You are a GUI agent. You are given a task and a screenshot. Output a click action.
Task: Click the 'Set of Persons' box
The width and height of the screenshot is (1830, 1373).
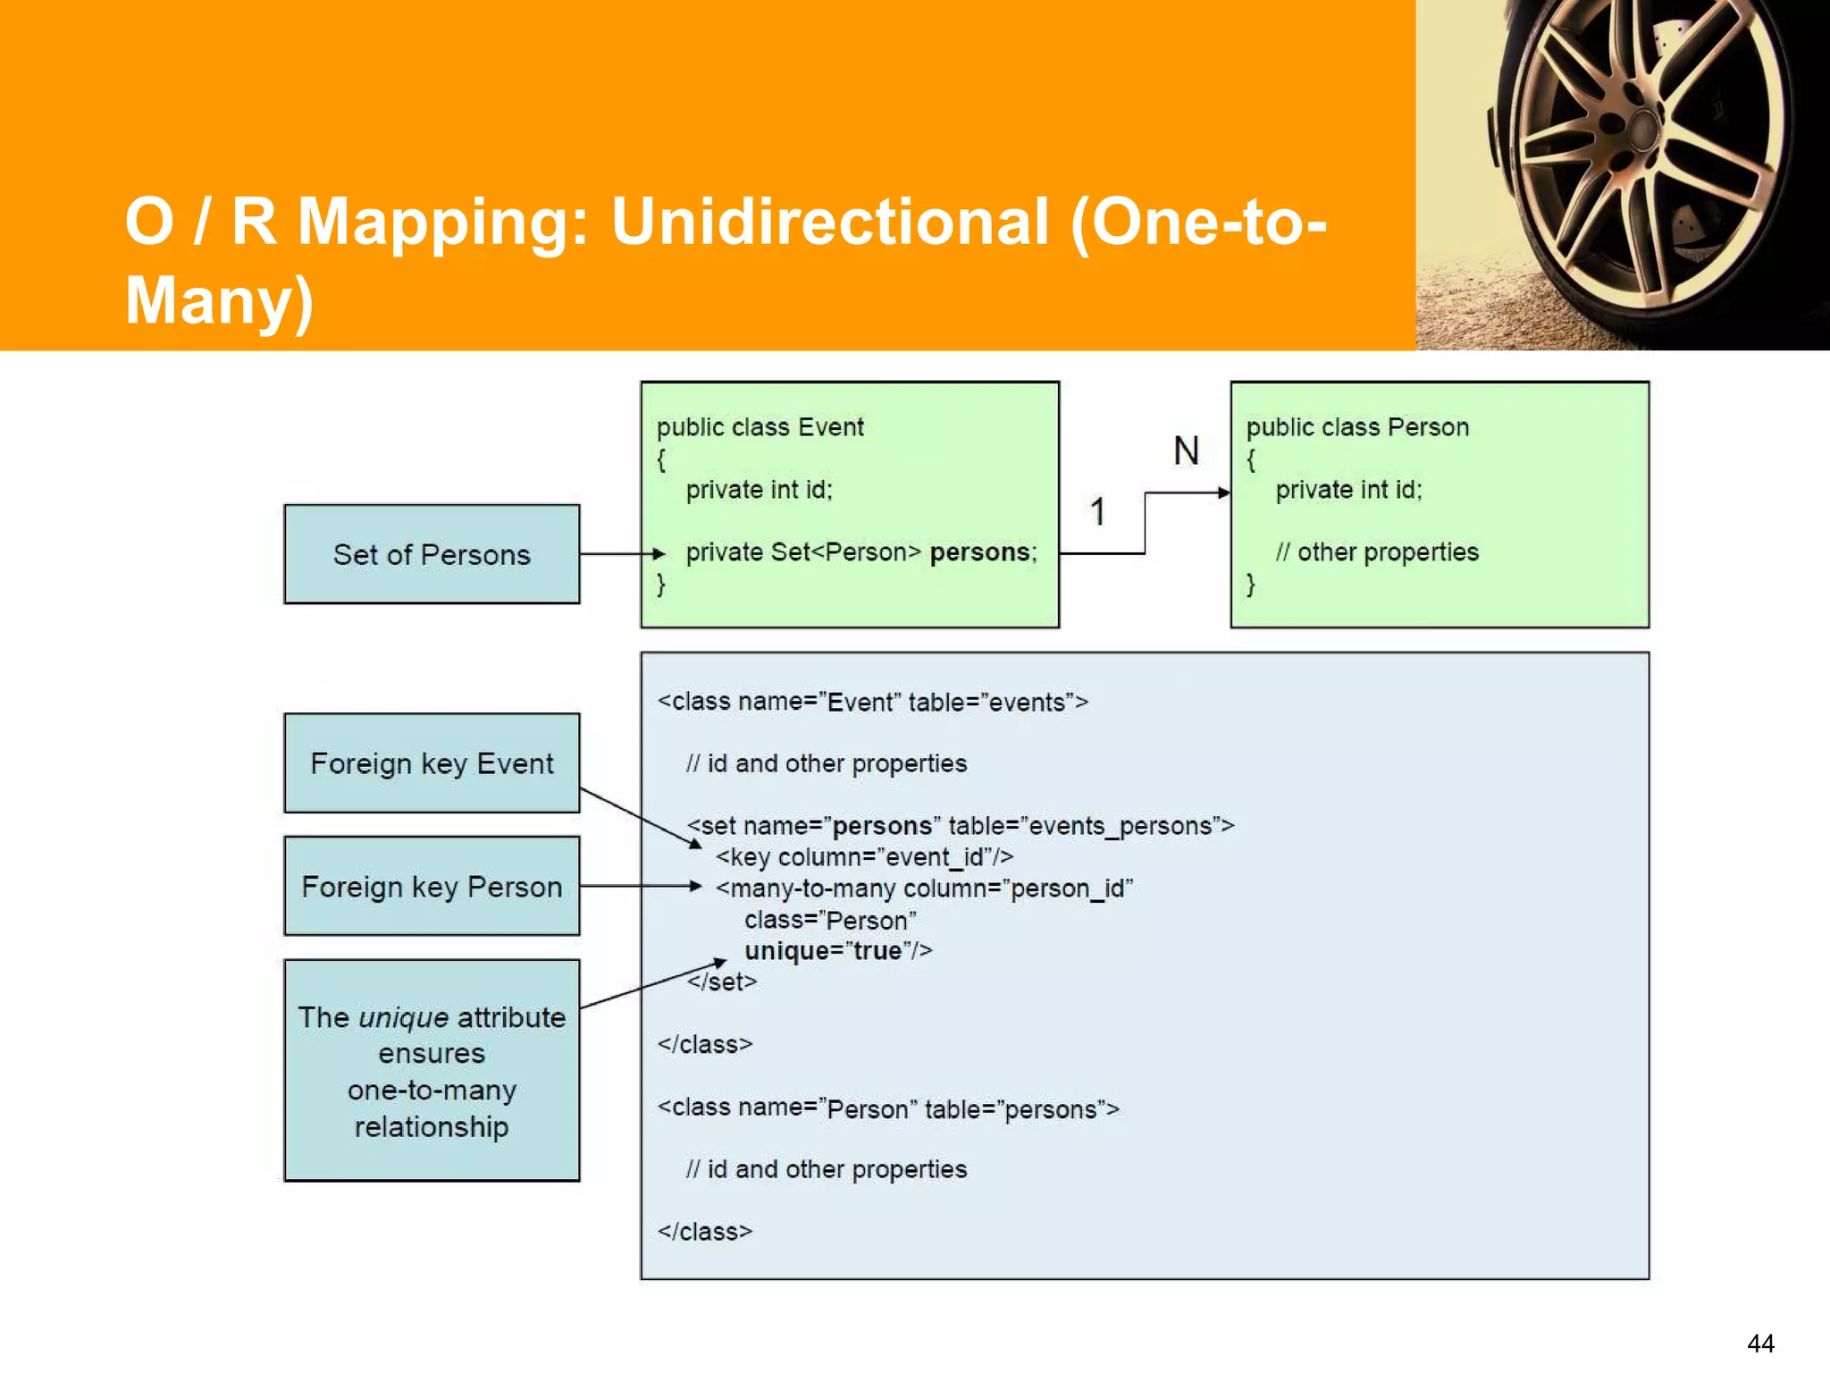432,554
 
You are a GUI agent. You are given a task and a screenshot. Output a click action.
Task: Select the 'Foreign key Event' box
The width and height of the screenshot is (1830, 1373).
432,763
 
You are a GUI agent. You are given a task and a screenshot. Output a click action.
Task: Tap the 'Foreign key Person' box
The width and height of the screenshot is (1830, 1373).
432,886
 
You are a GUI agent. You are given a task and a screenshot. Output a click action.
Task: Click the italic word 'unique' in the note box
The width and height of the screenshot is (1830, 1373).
403,1017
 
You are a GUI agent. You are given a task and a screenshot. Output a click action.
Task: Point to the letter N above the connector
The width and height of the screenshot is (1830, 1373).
1186,451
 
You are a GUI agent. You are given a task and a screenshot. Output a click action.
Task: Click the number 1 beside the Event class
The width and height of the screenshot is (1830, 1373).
1098,511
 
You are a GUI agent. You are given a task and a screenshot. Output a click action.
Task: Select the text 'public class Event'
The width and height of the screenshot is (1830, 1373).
760,427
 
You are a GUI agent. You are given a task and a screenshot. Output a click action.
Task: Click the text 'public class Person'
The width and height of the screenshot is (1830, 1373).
1357,427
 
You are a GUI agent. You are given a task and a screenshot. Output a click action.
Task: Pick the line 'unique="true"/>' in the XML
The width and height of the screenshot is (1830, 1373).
838,950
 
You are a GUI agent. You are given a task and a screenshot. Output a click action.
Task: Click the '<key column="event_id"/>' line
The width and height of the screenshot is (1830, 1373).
864,857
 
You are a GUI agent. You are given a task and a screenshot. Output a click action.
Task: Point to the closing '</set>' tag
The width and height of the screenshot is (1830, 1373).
722,981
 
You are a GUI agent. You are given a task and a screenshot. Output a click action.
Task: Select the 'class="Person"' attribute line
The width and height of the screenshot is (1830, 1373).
830,920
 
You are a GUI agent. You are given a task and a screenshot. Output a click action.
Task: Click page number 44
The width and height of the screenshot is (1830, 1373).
1760,1343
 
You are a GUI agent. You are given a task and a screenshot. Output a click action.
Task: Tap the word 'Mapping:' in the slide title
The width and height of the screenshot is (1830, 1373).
442,222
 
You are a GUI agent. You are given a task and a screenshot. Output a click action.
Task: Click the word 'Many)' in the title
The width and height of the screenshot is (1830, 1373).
219,299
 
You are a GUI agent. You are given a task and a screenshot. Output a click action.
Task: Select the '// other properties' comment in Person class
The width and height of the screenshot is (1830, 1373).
1377,552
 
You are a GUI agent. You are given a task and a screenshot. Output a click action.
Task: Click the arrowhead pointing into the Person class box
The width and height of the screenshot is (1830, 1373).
1223,493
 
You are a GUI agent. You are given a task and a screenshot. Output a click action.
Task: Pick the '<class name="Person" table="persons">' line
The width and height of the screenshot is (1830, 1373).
888,1108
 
